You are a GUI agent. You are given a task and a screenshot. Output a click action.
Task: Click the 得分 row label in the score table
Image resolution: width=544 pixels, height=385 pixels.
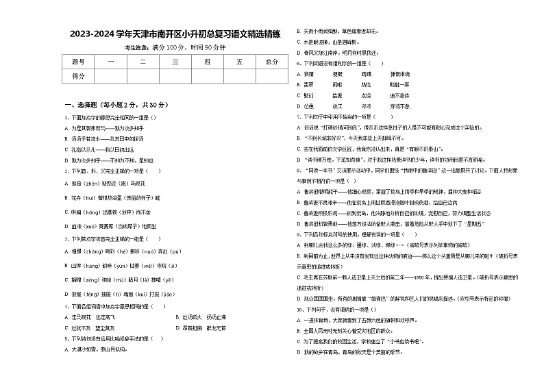78,76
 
